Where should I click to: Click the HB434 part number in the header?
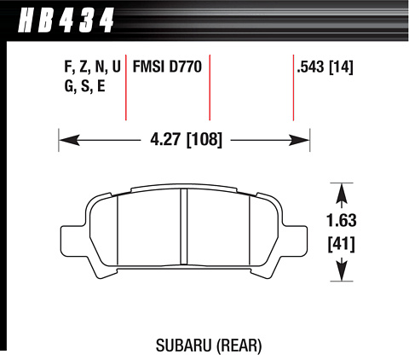click(x=66, y=20)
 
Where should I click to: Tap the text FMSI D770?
click(x=167, y=67)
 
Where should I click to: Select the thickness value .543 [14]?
click(x=325, y=67)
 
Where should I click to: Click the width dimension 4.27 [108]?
click(x=186, y=140)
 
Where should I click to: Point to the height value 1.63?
click(x=342, y=221)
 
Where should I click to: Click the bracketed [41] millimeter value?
click(x=342, y=245)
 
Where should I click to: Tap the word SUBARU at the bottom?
click(x=184, y=345)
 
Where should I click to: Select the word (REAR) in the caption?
click(x=239, y=345)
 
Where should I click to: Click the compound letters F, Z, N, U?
click(x=93, y=67)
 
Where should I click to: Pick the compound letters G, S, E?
click(x=85, y=86)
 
